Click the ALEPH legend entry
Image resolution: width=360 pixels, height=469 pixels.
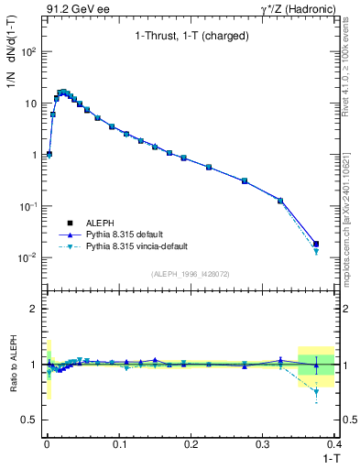[x=98, y=223]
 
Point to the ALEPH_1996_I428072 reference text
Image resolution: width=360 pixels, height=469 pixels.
[x=189, y=274]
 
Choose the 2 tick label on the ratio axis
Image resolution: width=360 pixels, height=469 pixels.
[x=34, y=309]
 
